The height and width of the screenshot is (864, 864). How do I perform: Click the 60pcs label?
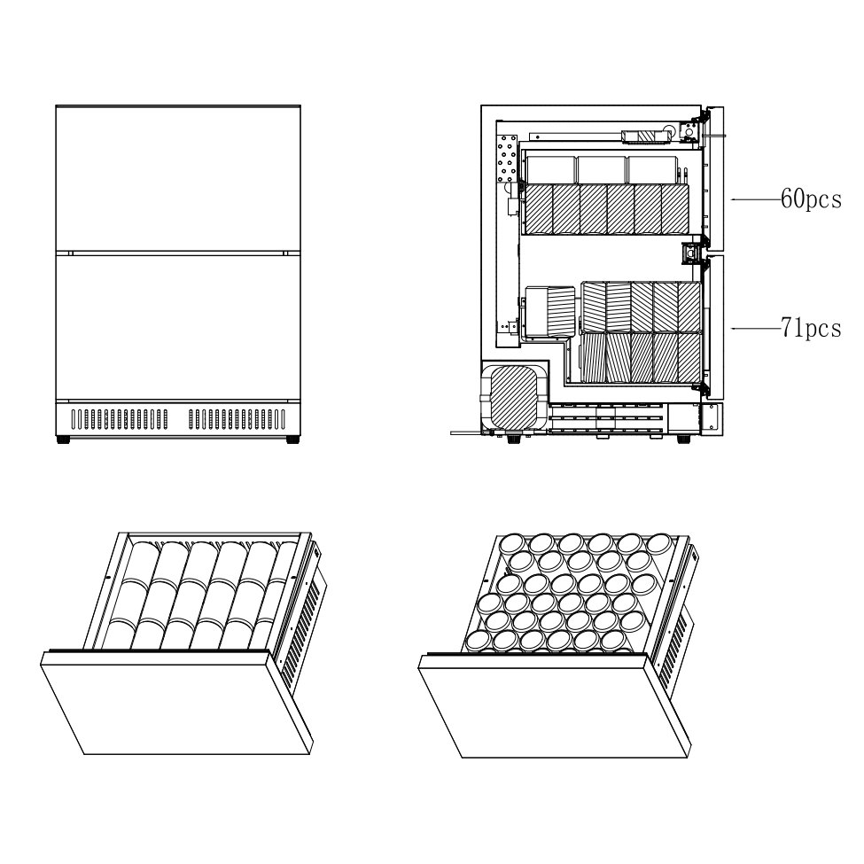coord(810,200)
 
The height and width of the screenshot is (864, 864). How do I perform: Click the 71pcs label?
coord(810,328)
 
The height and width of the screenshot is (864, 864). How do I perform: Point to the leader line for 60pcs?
coord(755,200)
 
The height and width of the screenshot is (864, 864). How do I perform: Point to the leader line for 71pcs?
coord(755,328)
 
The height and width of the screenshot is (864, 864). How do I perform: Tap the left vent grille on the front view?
coord(119,419)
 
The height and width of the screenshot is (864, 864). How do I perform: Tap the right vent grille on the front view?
coord(237,419)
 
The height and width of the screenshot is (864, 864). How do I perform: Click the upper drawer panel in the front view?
coord(177,177)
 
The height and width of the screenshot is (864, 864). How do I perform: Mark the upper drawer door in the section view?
coord(717,177)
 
